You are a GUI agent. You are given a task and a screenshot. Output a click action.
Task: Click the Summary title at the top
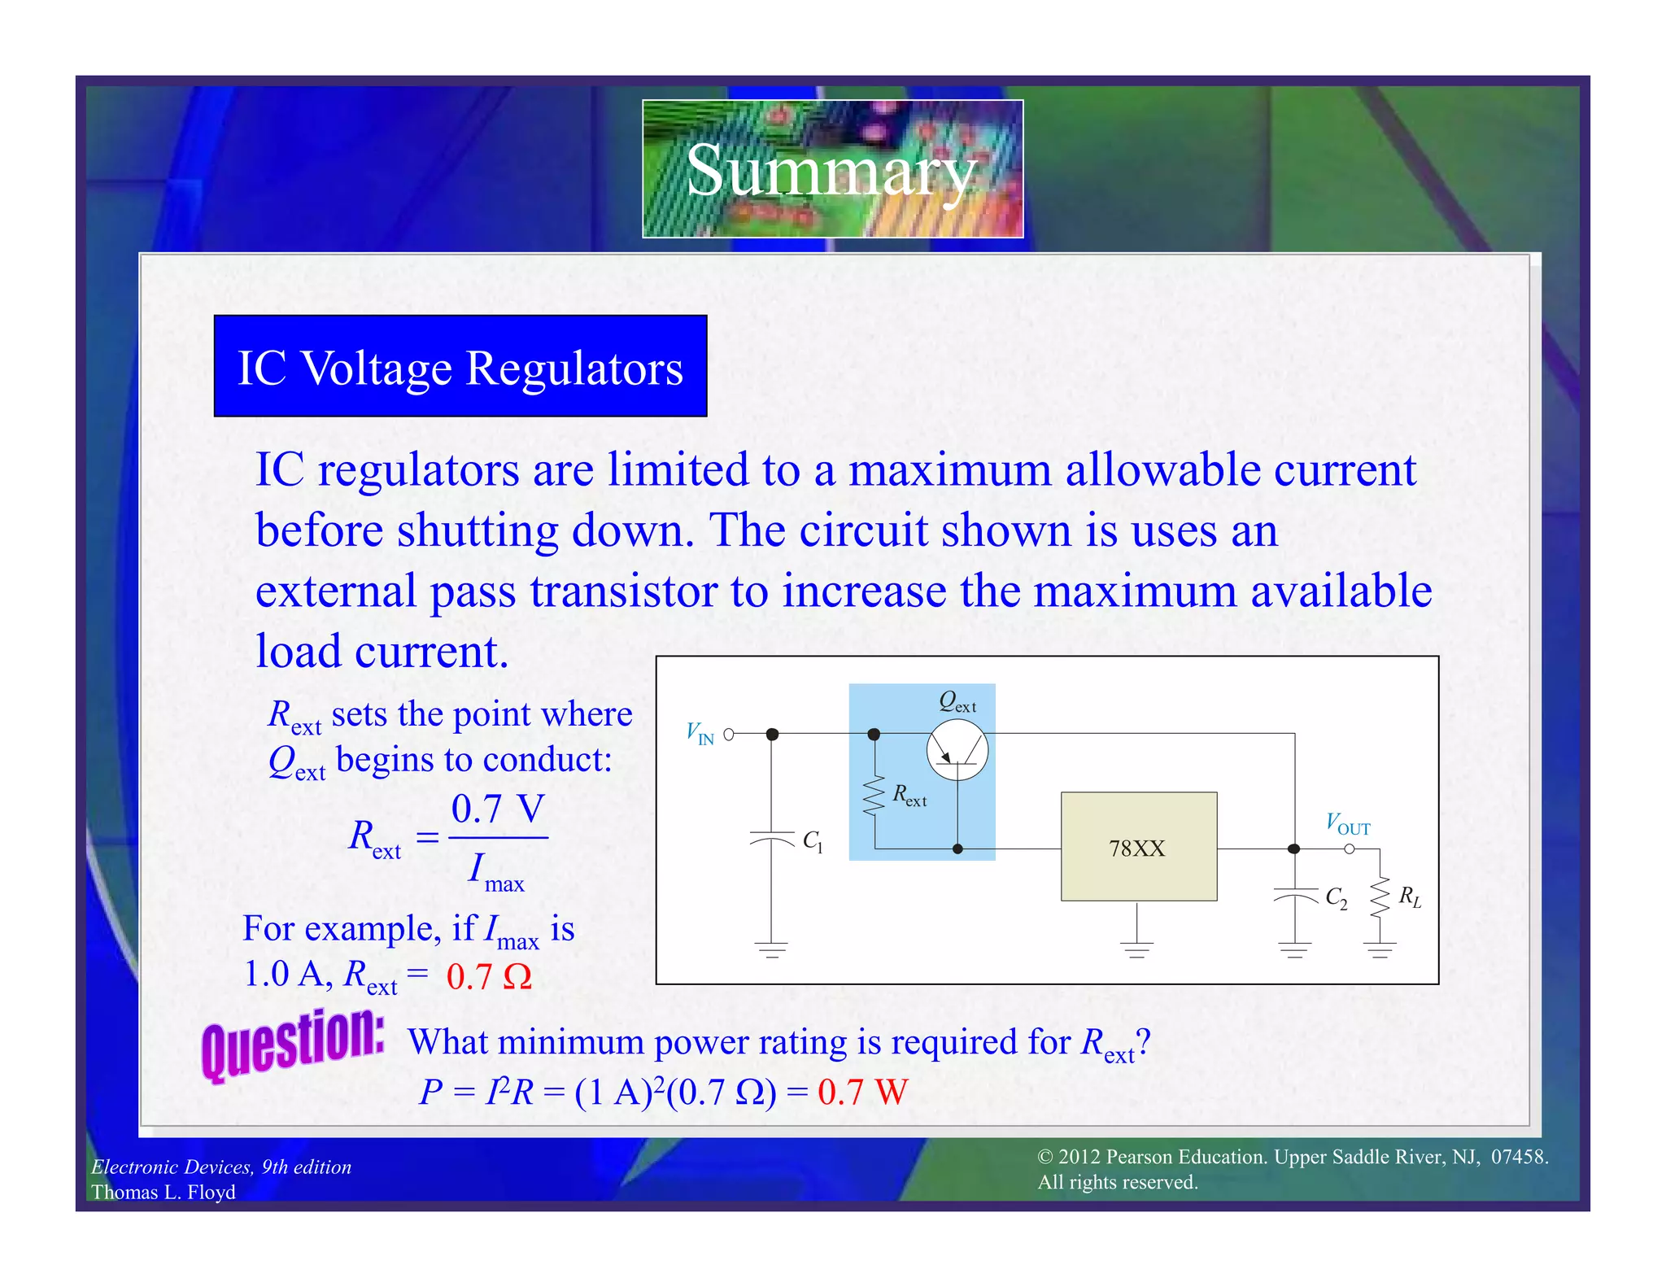(831, 169)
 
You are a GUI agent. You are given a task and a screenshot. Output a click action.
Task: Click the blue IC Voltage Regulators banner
(460, 366)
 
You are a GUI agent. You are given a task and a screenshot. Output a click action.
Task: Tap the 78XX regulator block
(1138, 847)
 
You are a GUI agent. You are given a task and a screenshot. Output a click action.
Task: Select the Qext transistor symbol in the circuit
(957, 750)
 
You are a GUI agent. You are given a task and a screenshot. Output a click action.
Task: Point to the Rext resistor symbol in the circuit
(874, 796)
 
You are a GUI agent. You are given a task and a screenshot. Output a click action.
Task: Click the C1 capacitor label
(813, 841)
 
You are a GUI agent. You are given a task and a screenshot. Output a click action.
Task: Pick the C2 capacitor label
(1336, 898)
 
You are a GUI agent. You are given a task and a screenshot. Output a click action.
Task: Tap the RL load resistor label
(1410, 897)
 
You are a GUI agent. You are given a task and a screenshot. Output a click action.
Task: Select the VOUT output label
(1348, 824)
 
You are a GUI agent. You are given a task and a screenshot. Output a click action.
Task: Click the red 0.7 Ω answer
(489, 976)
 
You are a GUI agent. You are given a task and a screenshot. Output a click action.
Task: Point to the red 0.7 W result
(862, 1092)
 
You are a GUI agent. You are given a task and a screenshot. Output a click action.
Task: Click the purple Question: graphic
(293, 1045)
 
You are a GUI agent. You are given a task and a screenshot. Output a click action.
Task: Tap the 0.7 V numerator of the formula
(498, 809)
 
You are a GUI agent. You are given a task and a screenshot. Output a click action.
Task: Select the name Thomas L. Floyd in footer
(164, 1192)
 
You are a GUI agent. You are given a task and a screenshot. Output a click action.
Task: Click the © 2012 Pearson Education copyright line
(1293, 1157)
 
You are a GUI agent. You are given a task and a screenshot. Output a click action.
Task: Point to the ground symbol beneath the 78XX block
(1137, 948)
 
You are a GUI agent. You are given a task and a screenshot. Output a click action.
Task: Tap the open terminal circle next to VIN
(729, 735)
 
